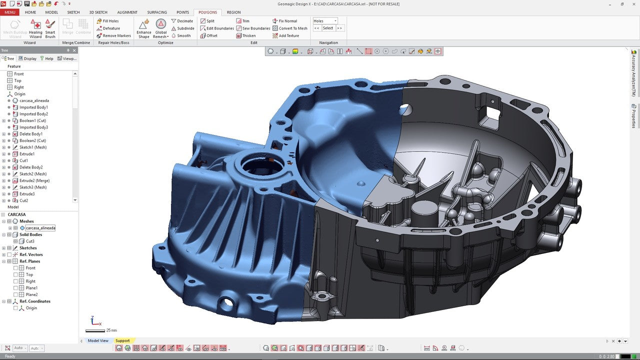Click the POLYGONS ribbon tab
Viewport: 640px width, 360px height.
(x=207, y=12)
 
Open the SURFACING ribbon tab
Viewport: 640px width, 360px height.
(x=157, y=12)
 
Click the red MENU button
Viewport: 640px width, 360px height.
(x=9, y=12)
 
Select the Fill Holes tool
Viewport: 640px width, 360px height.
(x=110, y=21)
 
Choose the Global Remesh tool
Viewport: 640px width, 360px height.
(x=161, y=28)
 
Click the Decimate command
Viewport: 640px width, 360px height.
(x=184, y=21)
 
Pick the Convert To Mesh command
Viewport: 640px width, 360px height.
(x=292, y=28)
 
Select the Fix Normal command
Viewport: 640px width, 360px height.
(x=287, y=21)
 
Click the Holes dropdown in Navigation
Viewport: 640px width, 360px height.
(x=325, y=21)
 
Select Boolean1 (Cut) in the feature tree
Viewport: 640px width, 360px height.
(x=32, y=120)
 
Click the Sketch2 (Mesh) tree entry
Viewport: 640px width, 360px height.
(x=33, y=174)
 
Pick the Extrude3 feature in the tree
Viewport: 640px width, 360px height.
(x=27, y=194)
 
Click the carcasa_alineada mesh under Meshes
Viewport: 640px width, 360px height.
(x=40, y=228)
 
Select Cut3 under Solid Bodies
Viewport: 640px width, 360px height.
(x=30, y=241)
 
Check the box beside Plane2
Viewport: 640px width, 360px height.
(x=15, y=294)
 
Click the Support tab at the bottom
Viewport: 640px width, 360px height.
(x=122, y=341)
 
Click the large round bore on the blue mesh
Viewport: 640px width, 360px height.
(x=255, y=165)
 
